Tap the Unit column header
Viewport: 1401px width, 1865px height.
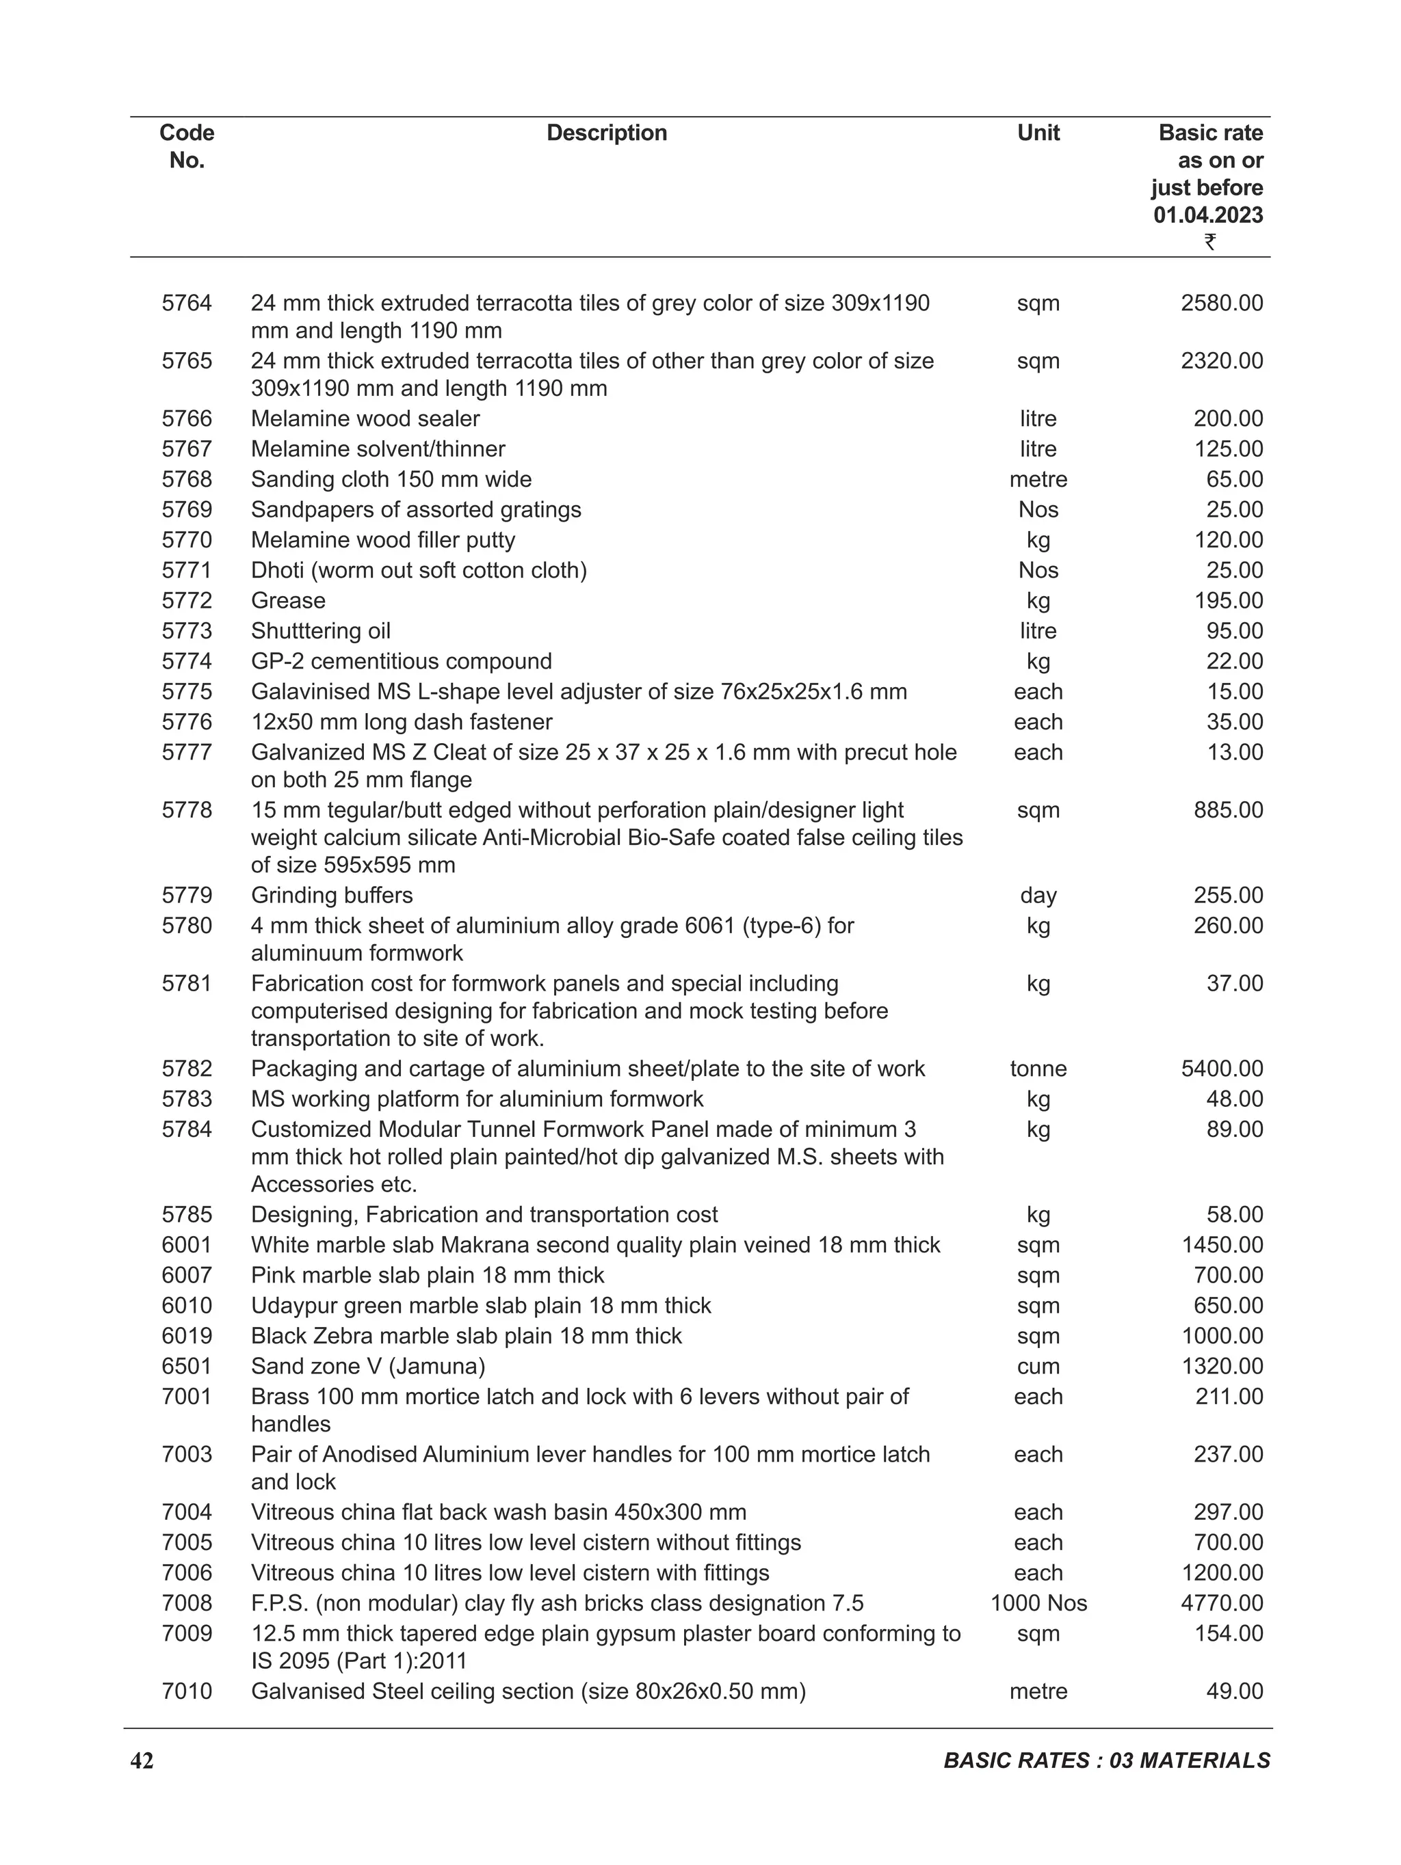pos(1038,133)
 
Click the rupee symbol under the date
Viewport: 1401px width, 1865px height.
pos(1209,242)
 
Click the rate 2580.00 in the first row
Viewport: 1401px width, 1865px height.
pos(1221,303)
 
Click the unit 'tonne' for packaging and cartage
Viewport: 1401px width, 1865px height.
pos(1038,1069)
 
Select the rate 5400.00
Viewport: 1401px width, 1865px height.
pos(1221,1069)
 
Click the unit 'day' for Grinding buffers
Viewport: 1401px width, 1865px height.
pos(1038,895)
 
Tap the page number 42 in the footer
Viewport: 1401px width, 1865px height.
pos(142,1760)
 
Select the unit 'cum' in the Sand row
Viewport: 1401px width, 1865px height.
pos(1038,1366)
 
